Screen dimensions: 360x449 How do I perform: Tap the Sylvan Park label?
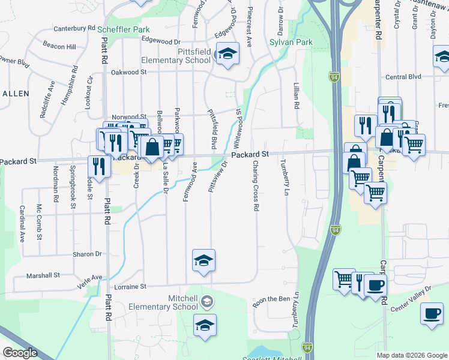pos(291,43)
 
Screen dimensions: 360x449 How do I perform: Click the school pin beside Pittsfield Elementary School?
pos(228,54)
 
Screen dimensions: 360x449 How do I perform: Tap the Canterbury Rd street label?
pos(74,28)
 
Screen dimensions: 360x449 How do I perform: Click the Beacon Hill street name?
pos(59,46)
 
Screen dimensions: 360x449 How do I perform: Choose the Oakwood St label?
pos(129,72)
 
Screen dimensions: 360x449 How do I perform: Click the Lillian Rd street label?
pos(296,96)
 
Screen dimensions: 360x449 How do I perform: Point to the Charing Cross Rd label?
pos(255,185)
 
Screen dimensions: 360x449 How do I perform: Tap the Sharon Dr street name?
pos(87,254)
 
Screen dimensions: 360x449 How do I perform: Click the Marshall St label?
pos(44,276)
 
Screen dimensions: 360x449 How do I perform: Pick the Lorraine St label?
pos(130,287)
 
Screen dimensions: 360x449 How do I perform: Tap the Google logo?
pos(20,353)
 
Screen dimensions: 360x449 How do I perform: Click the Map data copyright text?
pos(411,355)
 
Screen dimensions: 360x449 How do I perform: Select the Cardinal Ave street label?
pos(22,223)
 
